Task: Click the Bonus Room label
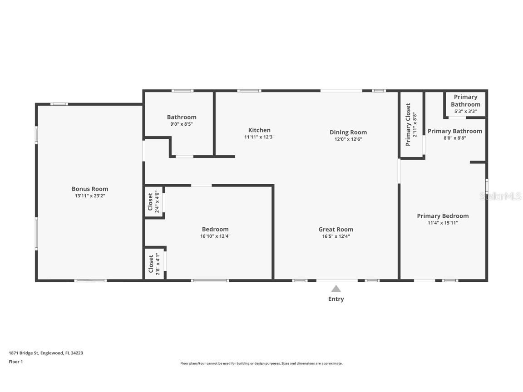(90, 189)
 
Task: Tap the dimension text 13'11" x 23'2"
(90, 196)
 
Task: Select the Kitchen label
(259, 130)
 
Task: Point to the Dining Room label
(348, 132)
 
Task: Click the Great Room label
(336, 229)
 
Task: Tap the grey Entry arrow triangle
(336, 289)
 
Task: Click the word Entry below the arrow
(336, 299)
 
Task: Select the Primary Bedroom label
(443, 216)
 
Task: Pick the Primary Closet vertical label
(408, 124)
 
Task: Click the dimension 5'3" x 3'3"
(465, 111)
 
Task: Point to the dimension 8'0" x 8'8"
(454, 138)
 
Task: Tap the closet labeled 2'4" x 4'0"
(153, 202)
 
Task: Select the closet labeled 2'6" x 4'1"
(154, 264)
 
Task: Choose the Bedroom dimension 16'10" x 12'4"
(215, 236)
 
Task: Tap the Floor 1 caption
(16, 362)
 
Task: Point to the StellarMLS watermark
(500, 196)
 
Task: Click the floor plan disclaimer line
(261, 363)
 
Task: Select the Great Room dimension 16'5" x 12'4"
(336, 236)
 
